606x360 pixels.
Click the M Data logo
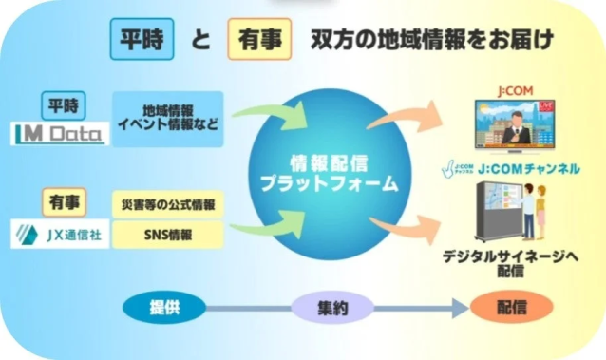(61, 134)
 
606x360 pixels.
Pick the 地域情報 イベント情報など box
(167, 120)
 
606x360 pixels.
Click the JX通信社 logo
(60, 234)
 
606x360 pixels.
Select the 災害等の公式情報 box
(167, 204)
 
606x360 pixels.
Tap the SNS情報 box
(167, 233)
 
